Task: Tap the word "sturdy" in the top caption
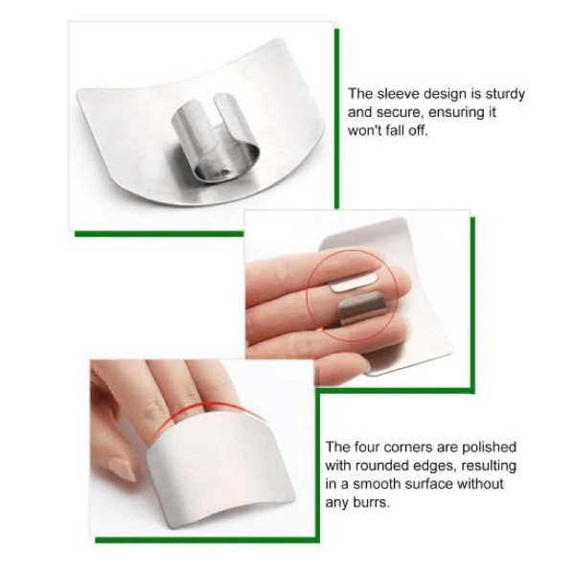click(x=505, y=95)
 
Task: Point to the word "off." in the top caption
click(x=418, y=130)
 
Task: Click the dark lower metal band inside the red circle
click(x=362, y=309)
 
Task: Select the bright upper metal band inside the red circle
click(x=354, y=283)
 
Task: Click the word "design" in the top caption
click(x=445, y=95)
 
